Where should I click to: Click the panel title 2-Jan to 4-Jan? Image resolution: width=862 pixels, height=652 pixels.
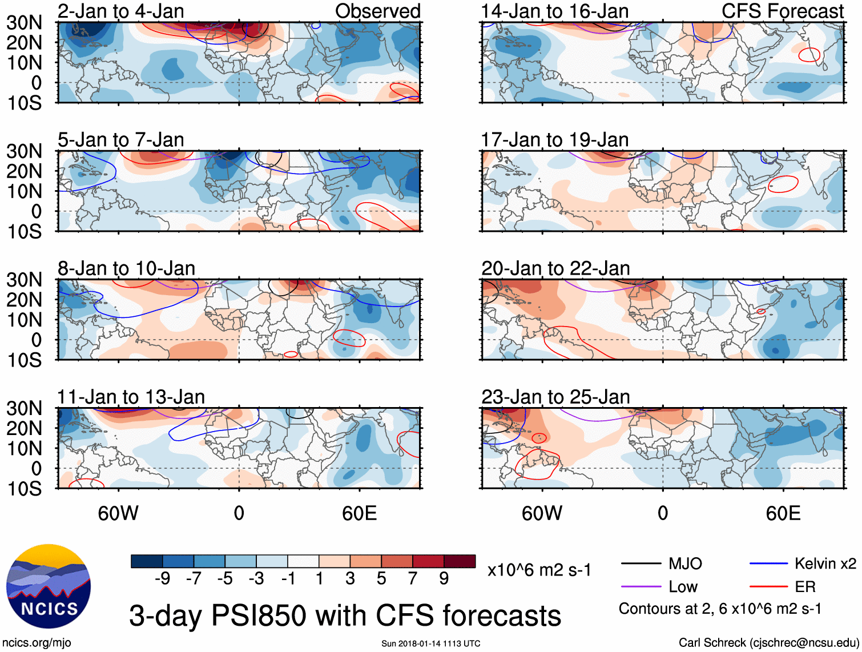121,11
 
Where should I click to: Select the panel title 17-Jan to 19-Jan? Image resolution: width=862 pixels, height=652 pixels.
555,140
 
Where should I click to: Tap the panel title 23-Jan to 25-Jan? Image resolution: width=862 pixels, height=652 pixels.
555,397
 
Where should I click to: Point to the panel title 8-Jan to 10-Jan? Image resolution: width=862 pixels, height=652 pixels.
126,268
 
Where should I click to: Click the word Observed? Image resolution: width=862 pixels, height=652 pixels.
378,11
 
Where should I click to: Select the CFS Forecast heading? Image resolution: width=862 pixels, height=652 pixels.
783,11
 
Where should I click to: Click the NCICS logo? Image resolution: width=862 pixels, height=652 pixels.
49,586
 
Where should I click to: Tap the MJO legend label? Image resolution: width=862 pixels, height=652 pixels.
685,564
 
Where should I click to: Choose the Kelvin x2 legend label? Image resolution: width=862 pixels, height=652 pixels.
825,564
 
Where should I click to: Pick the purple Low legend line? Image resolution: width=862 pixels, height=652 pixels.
641,586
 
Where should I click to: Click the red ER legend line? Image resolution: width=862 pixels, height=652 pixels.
768,586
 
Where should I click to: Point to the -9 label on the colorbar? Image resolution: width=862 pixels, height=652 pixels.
162,579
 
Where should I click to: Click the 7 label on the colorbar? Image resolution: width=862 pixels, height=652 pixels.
413,579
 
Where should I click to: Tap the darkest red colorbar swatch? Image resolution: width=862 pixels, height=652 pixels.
460,561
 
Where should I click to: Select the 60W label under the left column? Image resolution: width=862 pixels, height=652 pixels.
118,513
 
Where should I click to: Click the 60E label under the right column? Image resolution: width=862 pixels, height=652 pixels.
783,513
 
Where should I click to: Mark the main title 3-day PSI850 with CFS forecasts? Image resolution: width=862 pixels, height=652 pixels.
345,615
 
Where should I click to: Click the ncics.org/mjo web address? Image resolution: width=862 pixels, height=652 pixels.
37,643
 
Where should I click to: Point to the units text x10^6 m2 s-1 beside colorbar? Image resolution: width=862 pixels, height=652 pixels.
539,570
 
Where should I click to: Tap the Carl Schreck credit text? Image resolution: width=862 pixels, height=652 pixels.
768,643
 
